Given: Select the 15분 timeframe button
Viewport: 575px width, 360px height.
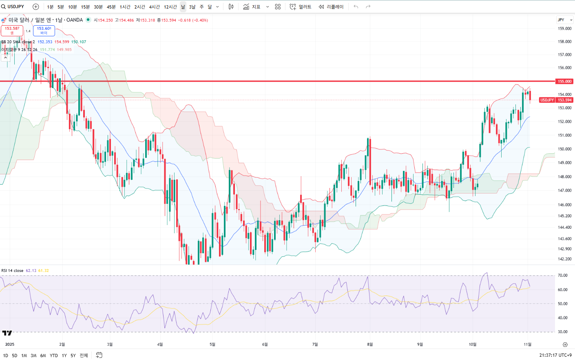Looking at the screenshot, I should [85, 7].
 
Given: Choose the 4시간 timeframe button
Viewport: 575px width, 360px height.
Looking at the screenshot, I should [154, 7].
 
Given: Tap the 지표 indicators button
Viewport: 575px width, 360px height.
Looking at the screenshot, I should [252, 7].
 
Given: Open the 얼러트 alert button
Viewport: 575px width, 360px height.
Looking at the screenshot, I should [301, 7].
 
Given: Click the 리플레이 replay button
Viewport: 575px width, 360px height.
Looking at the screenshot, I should [331, 7].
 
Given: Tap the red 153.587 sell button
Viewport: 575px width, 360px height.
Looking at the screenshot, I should [12, 31].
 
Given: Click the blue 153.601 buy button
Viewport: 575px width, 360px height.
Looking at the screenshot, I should [44, 31].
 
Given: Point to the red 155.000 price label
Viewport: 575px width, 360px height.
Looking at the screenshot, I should [564, 82].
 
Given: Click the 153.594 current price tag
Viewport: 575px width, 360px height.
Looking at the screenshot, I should [564, 100].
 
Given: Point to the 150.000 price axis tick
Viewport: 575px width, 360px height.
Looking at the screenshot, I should [564, 149].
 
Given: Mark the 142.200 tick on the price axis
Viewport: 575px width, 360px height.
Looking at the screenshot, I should [564, 259].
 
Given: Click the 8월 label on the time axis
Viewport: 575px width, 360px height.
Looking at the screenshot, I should [369, 345].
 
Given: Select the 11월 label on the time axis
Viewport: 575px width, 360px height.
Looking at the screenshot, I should [527, 345].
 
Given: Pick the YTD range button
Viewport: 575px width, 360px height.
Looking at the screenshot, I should [53, 356].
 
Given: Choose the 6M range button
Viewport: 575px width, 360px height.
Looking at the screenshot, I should [43, 356].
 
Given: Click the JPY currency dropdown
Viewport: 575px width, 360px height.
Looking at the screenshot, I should [564, 20].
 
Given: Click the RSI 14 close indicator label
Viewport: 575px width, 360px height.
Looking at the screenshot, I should [12, 271].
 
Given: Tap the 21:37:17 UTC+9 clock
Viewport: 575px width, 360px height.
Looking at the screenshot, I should [555, 355].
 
